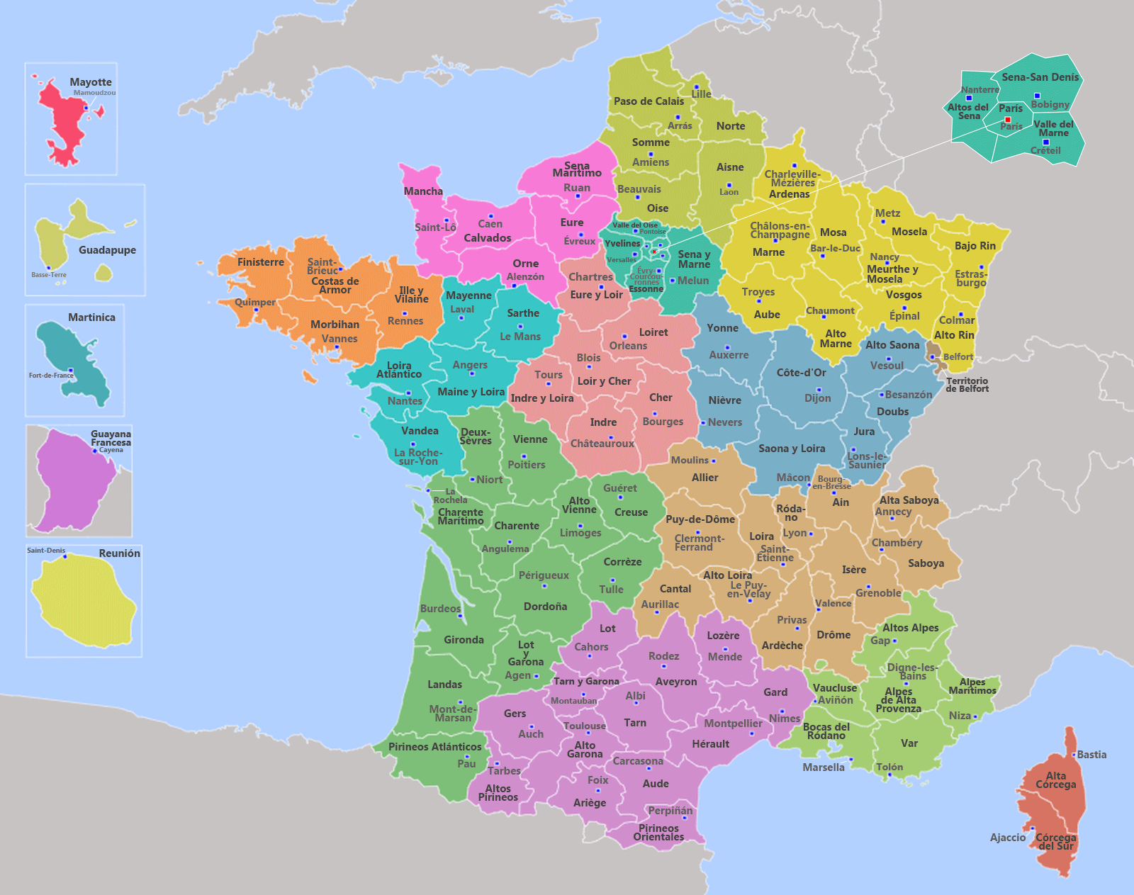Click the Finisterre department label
[260, 262]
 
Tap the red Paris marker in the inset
[1008, 120]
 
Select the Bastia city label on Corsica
[1091, 755]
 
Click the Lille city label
[701, 94]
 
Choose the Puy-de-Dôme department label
[700, 519]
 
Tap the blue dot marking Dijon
[819, 390]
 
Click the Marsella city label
[823, 767]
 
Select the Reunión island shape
[84, 602]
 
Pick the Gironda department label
[464, 640]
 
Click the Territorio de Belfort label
[967, 385]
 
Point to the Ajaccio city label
[1007, 838]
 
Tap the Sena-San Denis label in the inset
[1040, 77]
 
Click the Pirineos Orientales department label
[658, 833]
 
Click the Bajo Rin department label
[975, 246]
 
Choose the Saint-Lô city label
[435, 227]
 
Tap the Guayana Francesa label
[111, 438]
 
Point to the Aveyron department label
[675, 682]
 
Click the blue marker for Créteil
[1045, 142]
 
